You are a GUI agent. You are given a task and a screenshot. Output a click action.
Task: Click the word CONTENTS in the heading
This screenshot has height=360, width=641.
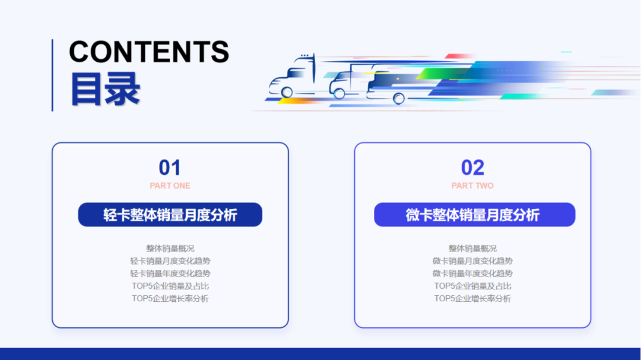click(149, 52)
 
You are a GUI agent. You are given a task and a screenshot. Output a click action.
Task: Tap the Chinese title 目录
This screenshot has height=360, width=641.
click(105, 89)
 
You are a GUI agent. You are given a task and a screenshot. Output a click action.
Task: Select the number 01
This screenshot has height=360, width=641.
click(170, 168)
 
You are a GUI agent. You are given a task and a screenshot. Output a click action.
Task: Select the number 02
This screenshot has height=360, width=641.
click(472, 168)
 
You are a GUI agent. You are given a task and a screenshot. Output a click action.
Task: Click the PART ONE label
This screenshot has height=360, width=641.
click(170, 186)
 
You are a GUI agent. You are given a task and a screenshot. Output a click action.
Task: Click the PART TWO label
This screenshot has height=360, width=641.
click(472, 186)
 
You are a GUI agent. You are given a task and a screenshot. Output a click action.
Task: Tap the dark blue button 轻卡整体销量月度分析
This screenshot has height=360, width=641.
click(170, 215)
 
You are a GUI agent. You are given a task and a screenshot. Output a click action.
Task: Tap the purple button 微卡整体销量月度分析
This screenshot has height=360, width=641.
click(474, 215)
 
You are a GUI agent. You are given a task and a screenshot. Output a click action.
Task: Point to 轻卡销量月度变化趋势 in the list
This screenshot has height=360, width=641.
click(170, 261)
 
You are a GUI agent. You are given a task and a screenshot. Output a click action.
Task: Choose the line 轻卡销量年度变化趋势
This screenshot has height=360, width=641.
click(170, 273)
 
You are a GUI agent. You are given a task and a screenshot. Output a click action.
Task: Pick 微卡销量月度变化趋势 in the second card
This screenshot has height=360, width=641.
click(472, 261)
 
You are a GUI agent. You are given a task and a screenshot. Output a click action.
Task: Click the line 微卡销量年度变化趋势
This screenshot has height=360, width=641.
click(472, 273)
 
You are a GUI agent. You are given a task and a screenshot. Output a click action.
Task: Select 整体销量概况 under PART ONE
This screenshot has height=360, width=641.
click(170, 249)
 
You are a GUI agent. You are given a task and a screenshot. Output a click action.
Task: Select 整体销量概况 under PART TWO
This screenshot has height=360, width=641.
click(472, 249)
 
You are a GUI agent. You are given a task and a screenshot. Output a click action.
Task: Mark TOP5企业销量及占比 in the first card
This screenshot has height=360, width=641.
click(170, 286)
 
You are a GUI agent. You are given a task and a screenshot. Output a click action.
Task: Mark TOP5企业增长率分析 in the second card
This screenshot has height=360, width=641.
click(472, 298)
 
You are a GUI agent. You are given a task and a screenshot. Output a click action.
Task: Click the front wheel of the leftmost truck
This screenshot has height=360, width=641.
click(287, 92)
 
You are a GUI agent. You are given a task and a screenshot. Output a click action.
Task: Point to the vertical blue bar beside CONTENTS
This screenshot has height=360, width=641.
click(52, 75)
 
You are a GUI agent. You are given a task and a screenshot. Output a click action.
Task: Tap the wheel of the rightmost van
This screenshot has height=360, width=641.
click(398, 98)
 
